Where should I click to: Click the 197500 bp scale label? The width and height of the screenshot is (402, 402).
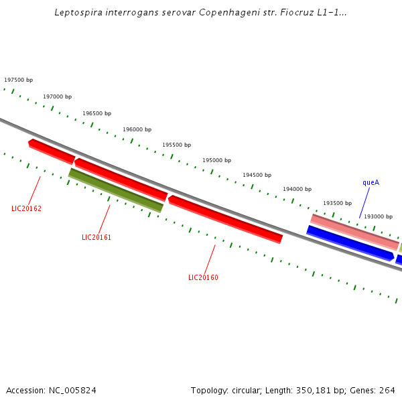click(x=18, y=80)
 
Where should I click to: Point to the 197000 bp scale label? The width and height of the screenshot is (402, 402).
click(x=57, y=96)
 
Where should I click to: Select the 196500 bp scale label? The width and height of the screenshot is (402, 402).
click(x=96, y=113)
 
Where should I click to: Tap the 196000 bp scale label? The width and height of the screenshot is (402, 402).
click(x=137, y=129)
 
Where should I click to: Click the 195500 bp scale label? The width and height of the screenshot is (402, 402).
click(x=176, y=145)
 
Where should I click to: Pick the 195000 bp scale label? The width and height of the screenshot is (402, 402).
click(x=216, y=160)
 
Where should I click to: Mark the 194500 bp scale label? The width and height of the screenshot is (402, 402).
click(x=257, y=175)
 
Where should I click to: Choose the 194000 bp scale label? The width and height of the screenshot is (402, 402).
click(x=297, y=189)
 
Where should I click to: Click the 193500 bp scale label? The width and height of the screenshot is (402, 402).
click(x=337, y=203)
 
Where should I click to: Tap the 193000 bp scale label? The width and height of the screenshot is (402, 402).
click(x=378, y=216)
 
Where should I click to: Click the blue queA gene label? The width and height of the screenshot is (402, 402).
click(x=371, y=182)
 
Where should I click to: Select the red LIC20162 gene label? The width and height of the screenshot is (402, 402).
click(x=26, y=208)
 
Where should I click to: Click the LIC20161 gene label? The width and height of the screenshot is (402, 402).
click(x=96, y=237)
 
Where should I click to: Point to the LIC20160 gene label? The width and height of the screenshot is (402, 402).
click(x=203, y=277)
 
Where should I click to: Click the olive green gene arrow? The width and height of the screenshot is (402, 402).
click(x=115, y=190)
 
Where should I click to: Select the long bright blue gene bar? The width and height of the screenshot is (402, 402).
click(x=350, y=243)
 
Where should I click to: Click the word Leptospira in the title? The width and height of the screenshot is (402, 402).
click(x=79, y=13)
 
